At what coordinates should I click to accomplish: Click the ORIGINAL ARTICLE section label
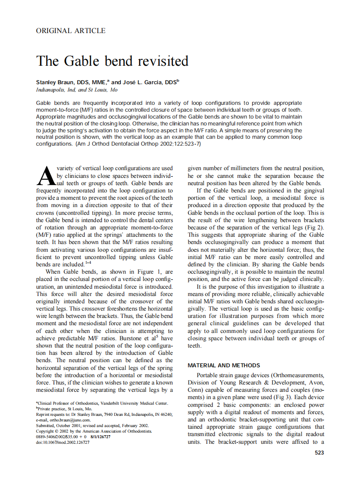[x=71, y=31]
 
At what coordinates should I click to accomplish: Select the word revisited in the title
[x=163, y=61]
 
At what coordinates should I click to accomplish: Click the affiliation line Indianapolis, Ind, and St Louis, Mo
[x=77, y=90]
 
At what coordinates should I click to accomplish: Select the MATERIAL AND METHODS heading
[x=223, y=366]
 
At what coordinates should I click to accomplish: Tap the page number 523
[x=319, y=453]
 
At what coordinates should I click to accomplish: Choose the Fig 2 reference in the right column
[x=316, y=227]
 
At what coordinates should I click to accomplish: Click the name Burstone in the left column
[x=130, y=339]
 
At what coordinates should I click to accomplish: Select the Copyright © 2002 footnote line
[x=93, y=431]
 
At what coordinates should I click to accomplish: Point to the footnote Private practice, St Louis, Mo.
[x=64, y=409]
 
